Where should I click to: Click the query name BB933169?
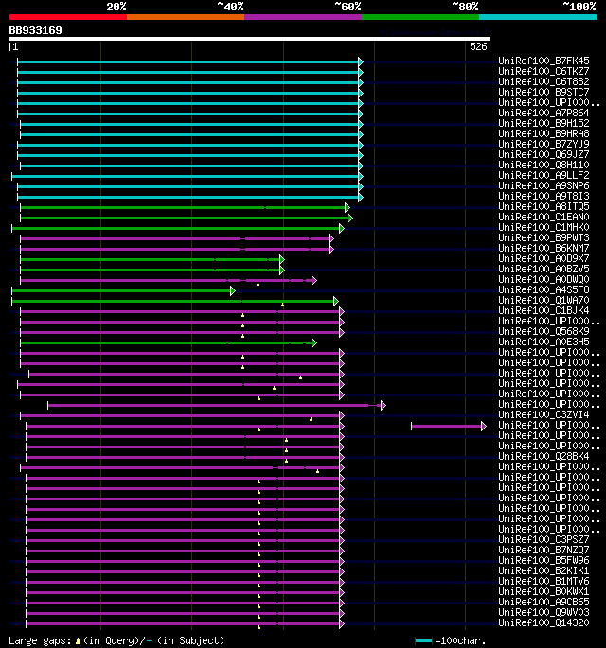36,30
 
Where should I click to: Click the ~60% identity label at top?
348,7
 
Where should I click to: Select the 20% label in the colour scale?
116,7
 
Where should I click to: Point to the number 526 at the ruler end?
478,46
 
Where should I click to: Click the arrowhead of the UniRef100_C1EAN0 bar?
349,218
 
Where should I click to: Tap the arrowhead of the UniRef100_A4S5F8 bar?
232,290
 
